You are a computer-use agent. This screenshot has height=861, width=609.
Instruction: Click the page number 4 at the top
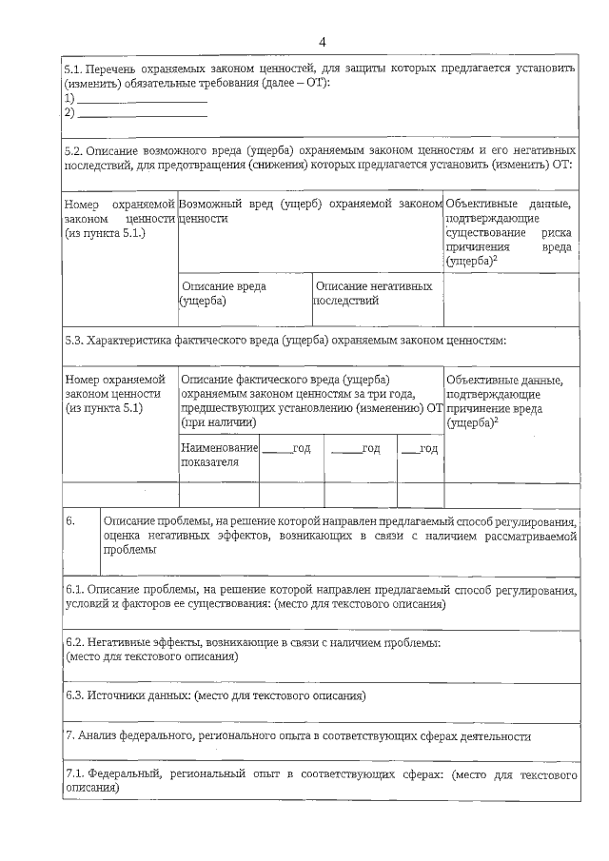click(x=323, y=42)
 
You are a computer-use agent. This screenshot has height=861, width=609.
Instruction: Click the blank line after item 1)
click(x=142, y=99)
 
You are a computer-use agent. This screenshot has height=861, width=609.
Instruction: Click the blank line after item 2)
click(x=142, y=113)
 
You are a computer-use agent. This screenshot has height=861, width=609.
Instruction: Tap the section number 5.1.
click(x=72, y=70)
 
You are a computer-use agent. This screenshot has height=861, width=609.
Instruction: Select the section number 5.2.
click(x=73, y=151)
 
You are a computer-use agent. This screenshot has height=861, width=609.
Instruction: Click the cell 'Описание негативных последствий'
click(x=374, y=293)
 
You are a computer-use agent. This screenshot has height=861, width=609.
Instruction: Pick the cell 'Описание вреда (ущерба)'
click(x=224, y=293)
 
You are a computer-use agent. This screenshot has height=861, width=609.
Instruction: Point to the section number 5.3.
click(x=73, y=340)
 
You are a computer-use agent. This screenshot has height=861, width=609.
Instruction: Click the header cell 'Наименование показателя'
click(x=219, y=455)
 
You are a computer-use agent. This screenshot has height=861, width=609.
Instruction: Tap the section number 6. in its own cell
click(x=70, y=522)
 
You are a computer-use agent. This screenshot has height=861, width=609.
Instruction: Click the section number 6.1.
click(x=73, y=591)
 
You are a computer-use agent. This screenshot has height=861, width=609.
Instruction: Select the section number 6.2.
click(x=73, y=644)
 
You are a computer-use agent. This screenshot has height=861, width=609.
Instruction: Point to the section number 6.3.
click(x=73, y=696)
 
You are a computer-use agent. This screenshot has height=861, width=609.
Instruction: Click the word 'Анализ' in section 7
click(x=103, y=736)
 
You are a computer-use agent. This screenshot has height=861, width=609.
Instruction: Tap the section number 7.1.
click(x=74, y=775)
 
